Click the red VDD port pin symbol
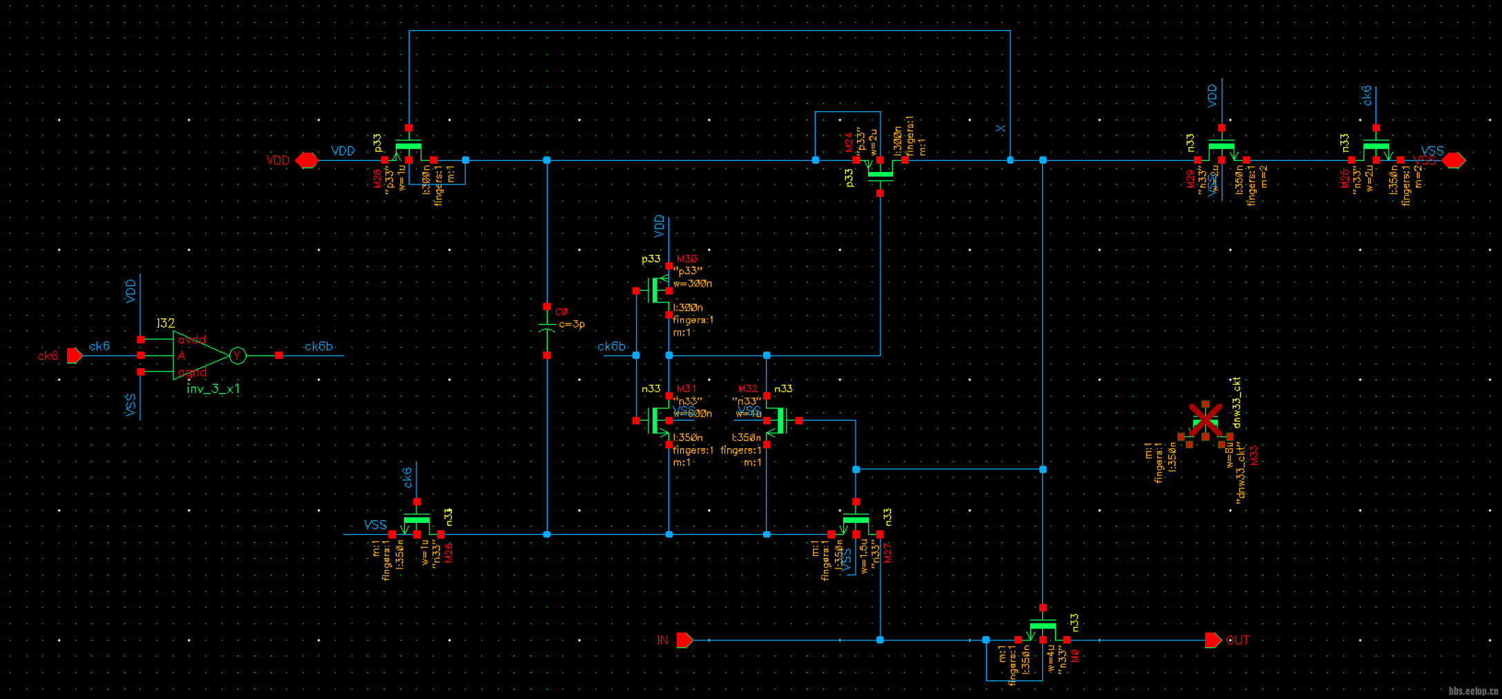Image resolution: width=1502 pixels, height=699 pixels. [306, 160]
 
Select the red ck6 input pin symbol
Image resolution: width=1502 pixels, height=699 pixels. [75, 356]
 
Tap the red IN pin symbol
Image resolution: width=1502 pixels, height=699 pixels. [684, 640]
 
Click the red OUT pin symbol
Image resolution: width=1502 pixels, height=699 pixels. [1213, 640]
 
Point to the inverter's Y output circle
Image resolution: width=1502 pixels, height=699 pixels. [238, 356]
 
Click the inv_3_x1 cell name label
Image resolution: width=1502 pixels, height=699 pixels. [213, 389]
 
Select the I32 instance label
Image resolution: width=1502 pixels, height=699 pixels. [165, 323]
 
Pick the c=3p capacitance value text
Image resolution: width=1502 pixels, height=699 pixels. [572, 324]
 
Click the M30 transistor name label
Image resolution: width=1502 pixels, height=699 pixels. [687, 259]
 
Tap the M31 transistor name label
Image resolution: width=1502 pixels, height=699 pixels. [686, 389]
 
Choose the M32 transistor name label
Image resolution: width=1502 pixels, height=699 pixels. [748, 389]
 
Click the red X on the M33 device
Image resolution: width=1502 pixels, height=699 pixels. [1205, 419]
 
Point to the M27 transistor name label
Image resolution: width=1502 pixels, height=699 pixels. [888, 552]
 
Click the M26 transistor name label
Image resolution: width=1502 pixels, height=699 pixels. [449, 552]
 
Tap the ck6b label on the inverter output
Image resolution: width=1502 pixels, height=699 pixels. [318, 346]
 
